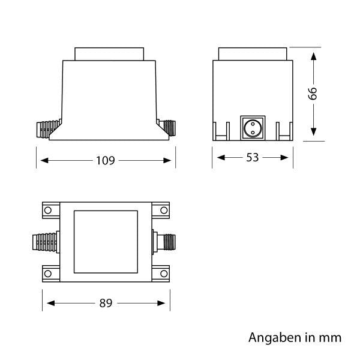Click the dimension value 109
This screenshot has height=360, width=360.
click(106, 160)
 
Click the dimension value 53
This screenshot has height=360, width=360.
click(252, 158)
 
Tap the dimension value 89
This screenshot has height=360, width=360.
click(106, 303)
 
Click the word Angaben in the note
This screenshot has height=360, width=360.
click(270, 338)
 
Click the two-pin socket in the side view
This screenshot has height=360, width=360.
click(252, 127)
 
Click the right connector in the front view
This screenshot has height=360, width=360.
click(167, 127)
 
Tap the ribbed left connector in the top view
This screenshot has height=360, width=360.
click(44, 244)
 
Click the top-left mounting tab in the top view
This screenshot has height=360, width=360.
click(50, 211)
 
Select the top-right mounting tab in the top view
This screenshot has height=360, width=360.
click(161, 211)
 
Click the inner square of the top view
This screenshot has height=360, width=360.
click(106, 242)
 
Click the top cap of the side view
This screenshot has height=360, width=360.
click(252, 53)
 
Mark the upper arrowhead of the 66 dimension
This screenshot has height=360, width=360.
click(313, 56)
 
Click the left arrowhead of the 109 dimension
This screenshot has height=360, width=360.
click(43, 160)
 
